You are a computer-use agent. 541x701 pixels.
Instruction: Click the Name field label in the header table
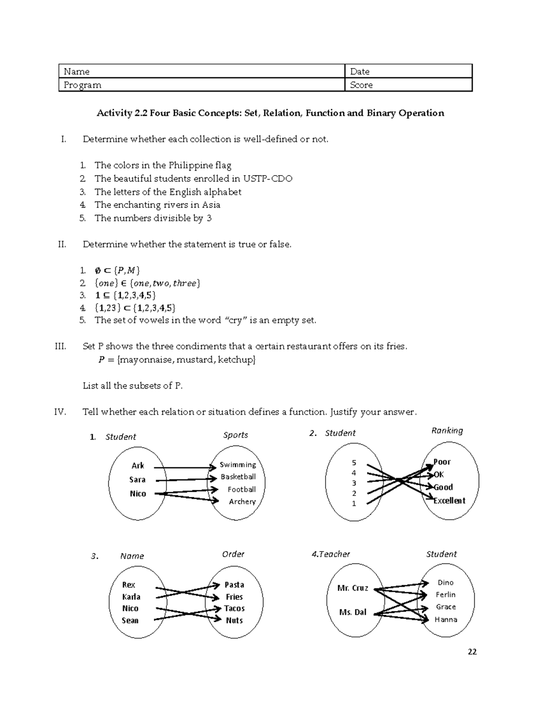(77, 71)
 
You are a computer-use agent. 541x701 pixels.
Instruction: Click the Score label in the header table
(361, 85)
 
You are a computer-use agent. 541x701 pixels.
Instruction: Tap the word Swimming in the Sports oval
(238, 464)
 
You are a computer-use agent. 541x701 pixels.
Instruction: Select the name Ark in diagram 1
(138, 465)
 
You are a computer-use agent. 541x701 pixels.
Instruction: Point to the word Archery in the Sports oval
(242, 501)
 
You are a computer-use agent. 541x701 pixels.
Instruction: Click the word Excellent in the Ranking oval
(449, 500)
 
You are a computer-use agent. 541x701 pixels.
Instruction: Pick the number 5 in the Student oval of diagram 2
(354, 462)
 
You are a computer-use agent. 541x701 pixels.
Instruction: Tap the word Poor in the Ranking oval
(442, 461)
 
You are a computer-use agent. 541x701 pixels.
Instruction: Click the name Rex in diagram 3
(128, 585)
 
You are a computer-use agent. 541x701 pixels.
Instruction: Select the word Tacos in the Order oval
(234, 608)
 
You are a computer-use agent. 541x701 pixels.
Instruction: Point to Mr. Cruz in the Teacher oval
(353, 588)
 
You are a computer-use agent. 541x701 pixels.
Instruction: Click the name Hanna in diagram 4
(446, 619)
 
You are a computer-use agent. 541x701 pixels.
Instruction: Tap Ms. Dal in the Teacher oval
(353, 612)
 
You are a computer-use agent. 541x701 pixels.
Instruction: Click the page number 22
(472, 651)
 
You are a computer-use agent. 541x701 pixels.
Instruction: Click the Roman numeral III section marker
(60, 346)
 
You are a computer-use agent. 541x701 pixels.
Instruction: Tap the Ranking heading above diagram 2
(447, 430)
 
